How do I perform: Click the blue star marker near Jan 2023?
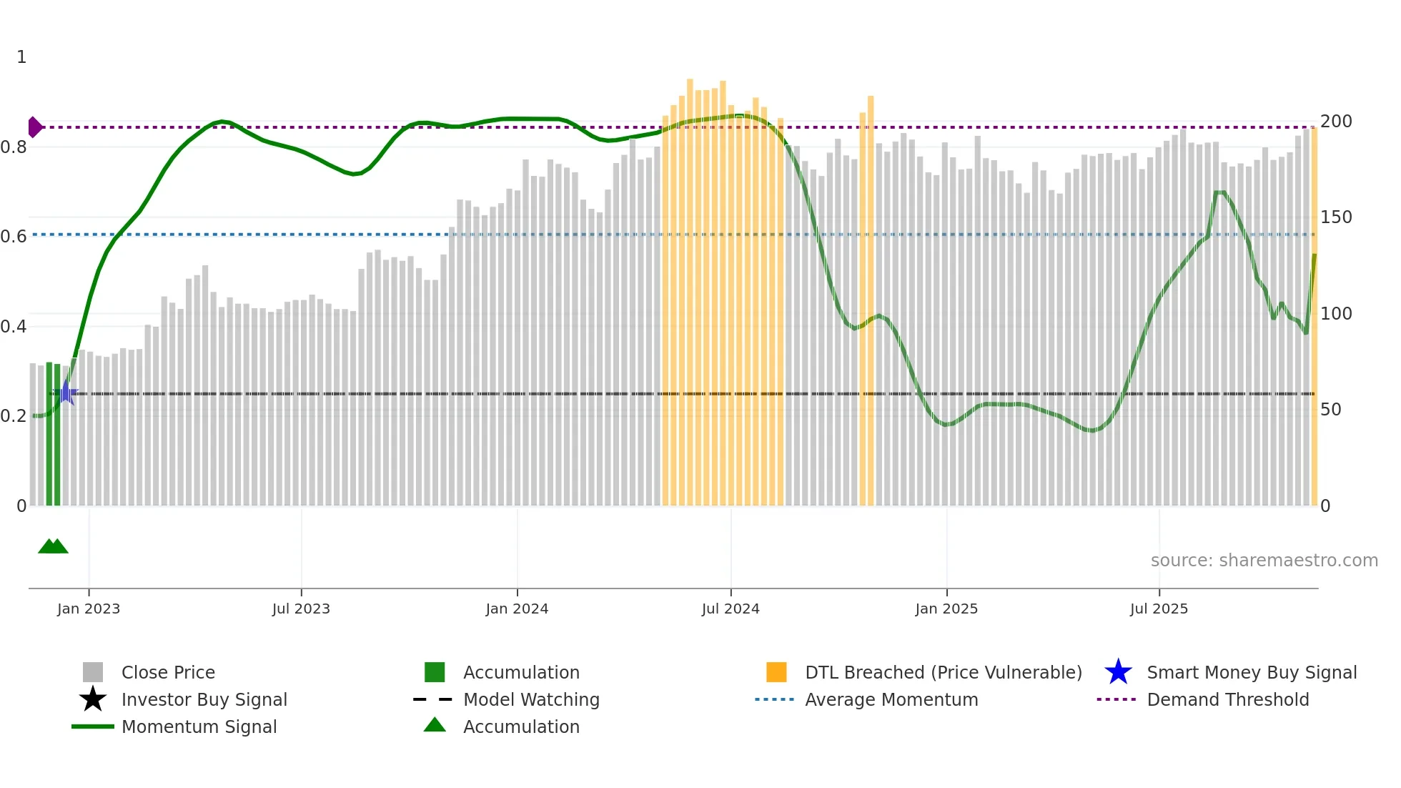click(66, 393)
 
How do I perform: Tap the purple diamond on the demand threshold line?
click(34, 127)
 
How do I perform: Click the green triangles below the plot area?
click(53, 546)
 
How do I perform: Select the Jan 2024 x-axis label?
click(517, 609)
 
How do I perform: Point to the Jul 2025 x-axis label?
click(1159, 609)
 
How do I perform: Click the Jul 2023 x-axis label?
click(301, 609)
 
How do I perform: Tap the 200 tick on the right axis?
click(1335, 122)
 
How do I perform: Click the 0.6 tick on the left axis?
click(14, 237)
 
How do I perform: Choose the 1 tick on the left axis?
click(21, 57)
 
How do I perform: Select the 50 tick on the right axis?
click(1330, 410)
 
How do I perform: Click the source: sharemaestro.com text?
click(1264, 561)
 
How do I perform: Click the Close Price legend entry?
click(168, 672)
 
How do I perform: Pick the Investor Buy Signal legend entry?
click(204, 699)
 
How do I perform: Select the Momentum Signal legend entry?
click(199, 727)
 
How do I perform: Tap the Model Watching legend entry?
click(531, 699)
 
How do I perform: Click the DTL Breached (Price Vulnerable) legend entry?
click(943, 672)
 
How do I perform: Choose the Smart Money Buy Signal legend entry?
click(1251, 672)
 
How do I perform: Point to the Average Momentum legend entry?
click(891, 699)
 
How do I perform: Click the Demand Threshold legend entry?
click(1227, 699)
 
